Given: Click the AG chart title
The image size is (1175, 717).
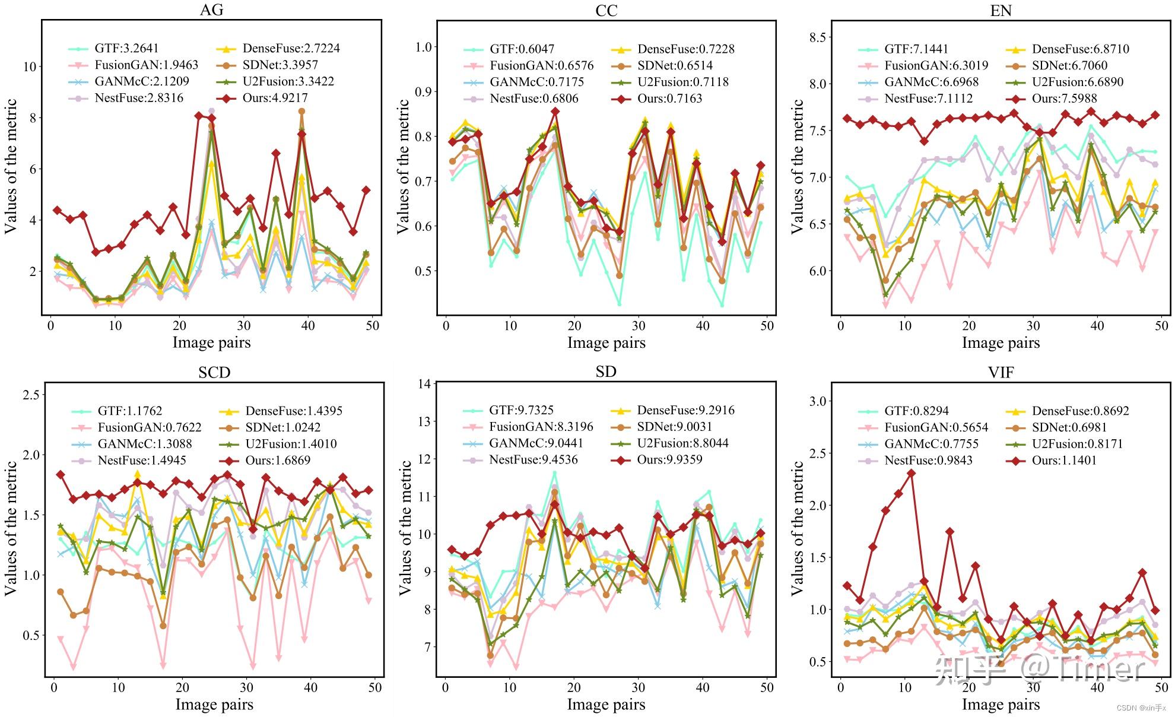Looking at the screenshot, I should (x=212, y=10).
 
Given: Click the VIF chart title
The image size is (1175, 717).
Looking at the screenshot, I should (x=1001, y=372).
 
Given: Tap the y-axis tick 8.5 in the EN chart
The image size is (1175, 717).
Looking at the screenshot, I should (x=817, y=37).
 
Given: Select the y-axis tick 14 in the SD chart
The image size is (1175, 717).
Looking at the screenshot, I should (x=424, y=383).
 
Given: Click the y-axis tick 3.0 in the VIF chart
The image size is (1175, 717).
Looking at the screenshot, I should (x=817, y=401).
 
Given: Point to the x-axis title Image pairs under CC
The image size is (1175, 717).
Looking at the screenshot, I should (x=606, y=342).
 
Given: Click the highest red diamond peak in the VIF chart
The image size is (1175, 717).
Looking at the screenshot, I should (x=911, y=473).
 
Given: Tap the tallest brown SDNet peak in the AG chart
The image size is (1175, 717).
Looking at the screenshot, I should (x=301, y=111).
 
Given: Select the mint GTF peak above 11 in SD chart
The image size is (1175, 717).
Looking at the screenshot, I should (x=555, y=473).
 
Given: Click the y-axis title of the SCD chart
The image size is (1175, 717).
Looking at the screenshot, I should (x=11, y=528).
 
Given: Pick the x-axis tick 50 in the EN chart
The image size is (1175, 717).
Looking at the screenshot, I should (x=1161, y=325).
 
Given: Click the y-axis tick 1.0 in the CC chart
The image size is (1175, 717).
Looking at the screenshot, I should (x=423, y=47).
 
